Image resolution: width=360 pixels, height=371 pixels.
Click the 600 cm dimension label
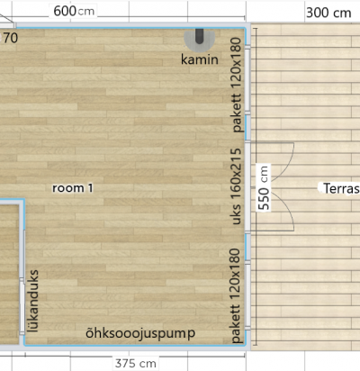(74, 12)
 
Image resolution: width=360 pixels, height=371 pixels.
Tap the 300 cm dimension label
(328, 13)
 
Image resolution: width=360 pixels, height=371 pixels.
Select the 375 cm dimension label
(136, 363)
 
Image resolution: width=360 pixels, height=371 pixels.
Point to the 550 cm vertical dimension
(264, 187)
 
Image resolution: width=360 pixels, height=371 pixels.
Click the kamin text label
(200, 59)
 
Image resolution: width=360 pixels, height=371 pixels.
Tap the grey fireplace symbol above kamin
(200, 39)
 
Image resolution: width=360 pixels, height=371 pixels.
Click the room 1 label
(73, 188)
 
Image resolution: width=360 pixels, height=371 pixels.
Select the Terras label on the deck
(341, 188)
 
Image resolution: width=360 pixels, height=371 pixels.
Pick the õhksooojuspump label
(140, 333)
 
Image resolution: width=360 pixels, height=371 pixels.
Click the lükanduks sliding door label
(32, 301)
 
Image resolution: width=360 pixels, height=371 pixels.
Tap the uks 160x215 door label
(237, 186)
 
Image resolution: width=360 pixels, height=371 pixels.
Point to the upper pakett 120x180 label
(237, 85)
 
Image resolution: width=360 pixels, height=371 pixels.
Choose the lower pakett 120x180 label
(237, 295)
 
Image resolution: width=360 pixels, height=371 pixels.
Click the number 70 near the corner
(11, 38)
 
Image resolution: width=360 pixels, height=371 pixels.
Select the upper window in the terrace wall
(247, 80)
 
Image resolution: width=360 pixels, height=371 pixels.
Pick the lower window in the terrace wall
(247, 295)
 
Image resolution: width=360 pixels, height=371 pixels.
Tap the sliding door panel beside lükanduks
(22, 306)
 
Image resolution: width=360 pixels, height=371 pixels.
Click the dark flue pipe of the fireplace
(200, 36)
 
